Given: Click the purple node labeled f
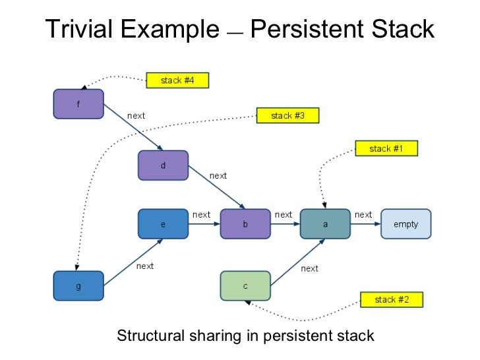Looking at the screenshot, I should click(x=78, y=104).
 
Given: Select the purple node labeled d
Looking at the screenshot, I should click(x=163, y=165).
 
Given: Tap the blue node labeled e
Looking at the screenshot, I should click(x=163, y=224).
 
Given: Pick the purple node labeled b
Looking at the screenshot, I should click(x=245, y=224).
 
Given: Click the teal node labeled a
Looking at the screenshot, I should click(x=325, y=224).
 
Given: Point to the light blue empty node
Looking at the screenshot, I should click(x=405, y=224).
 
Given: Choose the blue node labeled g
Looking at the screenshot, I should click(x=78, y=286).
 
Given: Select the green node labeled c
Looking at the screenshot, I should click(x=245, y=285).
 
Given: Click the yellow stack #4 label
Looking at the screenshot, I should click(x=177, y=80).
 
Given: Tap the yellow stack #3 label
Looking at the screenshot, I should click(x=287, y=116).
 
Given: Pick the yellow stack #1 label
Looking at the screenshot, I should click(x=386, y=148).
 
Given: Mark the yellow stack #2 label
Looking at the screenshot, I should click(x=392, y=299).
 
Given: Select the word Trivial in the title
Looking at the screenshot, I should click(x=80, y=30).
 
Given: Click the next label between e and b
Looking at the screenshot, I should click(x=201, y=215).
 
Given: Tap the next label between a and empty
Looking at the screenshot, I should click(x=363, y=215).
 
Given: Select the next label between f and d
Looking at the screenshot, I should click(x=136, y=116).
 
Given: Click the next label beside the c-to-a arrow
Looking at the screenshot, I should click(x=309, y=268).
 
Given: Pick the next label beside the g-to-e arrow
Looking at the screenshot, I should click(x=145, y=266).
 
